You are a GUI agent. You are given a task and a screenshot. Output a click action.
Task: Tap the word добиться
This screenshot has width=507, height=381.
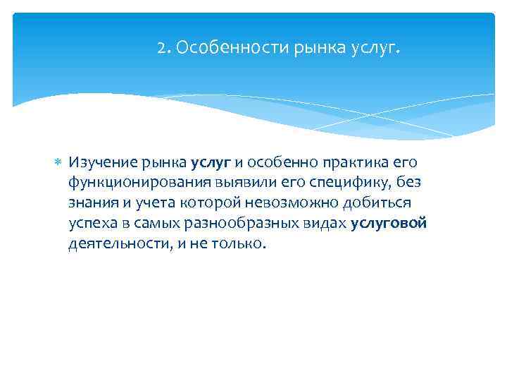click(x=384, y=203)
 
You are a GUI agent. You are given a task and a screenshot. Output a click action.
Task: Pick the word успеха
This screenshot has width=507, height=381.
click(x=92, y=224)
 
